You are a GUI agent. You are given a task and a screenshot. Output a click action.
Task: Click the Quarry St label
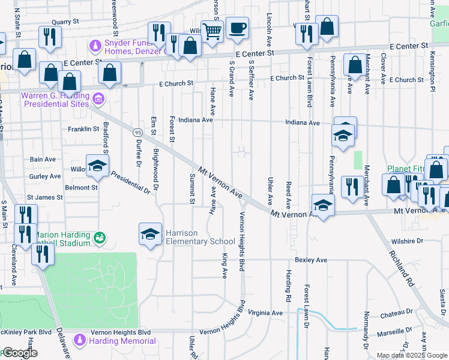pos(65,22)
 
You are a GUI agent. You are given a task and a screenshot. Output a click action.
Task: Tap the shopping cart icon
pos(212,31)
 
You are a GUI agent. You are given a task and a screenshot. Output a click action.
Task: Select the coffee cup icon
pos(237,28)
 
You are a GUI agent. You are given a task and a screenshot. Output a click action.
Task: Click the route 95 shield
pos(138,132)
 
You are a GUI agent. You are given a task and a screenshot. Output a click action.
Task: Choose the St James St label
pos(44,197)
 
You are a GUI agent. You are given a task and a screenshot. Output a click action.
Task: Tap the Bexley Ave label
pos(310,260)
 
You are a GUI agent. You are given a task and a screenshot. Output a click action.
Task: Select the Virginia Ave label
pos(265,313)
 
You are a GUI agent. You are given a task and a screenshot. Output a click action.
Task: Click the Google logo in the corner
pos(19,353)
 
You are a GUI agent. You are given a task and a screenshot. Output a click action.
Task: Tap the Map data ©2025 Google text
pos(412,355)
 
